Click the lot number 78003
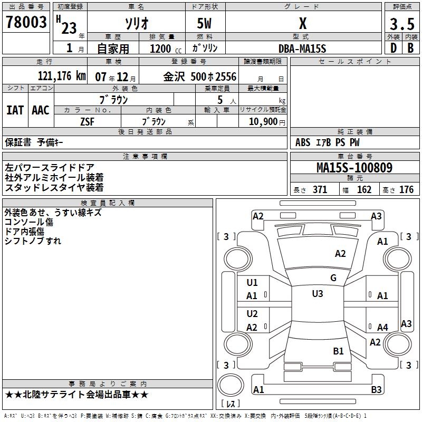(26, 22)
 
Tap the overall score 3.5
(401, 24)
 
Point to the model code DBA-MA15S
(302, 49)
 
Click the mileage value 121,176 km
(62, 76)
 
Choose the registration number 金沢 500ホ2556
(200, 76)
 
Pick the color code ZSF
(87, 121)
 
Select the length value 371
(320, 190)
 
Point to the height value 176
(406, 190)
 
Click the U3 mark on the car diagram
(317, 294)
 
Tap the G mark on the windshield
(333, 278)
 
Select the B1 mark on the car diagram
(338, 351)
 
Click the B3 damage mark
(376, 390)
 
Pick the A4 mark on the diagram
(382, 328)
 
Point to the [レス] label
(231, 404)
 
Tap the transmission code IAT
(15, 110)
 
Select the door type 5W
(205, 24)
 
